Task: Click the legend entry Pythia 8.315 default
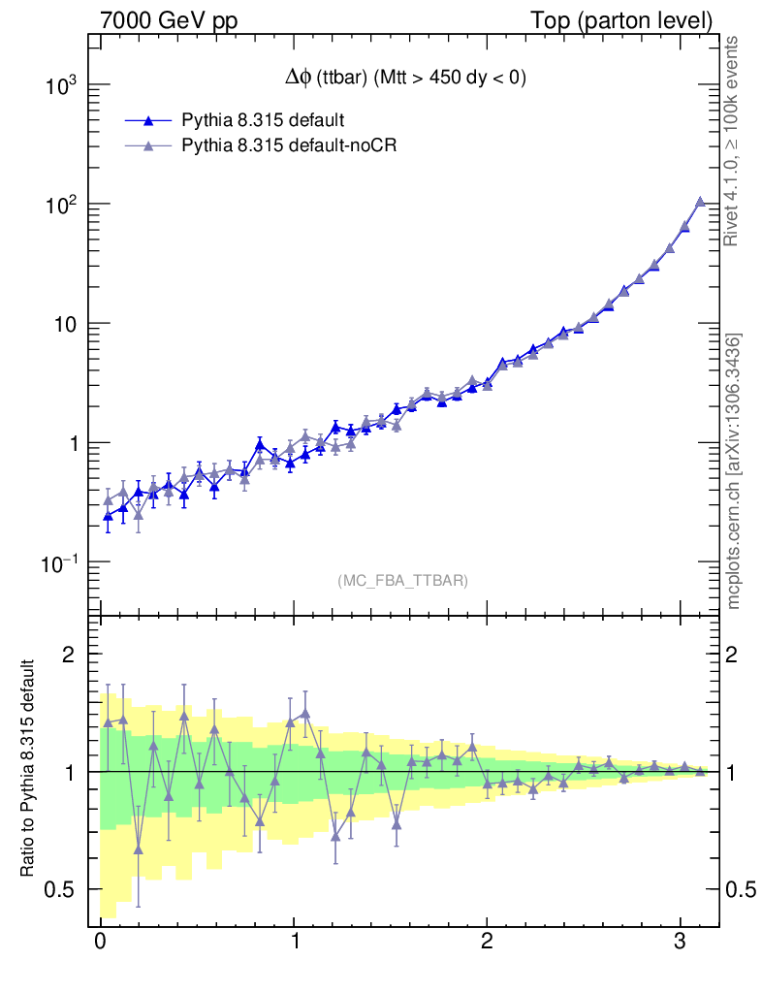(262, 120)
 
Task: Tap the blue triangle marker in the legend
(148, 120)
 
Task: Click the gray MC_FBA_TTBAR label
(403, 581)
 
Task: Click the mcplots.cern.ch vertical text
(733, 471)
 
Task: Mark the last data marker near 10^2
(700, 202)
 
